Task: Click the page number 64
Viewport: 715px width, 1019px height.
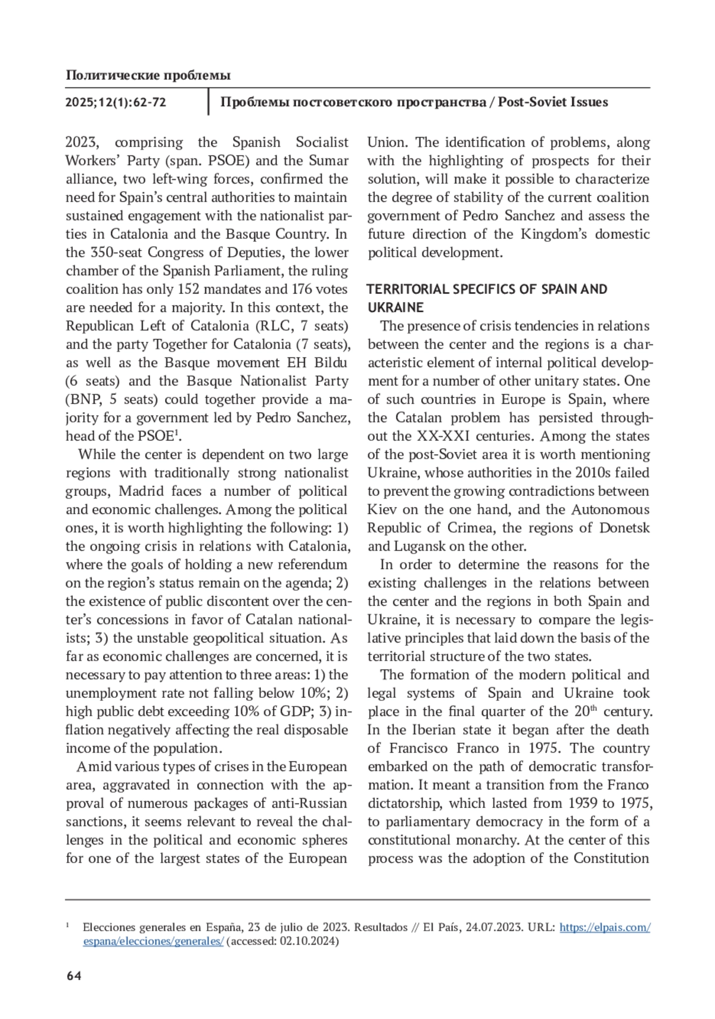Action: tap(73, 975)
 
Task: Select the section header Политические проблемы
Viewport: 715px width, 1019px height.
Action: tap(148, 75)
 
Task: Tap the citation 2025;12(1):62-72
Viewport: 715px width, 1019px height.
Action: tap(116, 102)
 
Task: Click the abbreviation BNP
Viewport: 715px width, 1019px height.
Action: tap(83, 400)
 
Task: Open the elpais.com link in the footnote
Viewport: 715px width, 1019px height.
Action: tap(604, 927)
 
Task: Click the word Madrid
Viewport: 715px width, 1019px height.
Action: tap(142, 492)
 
